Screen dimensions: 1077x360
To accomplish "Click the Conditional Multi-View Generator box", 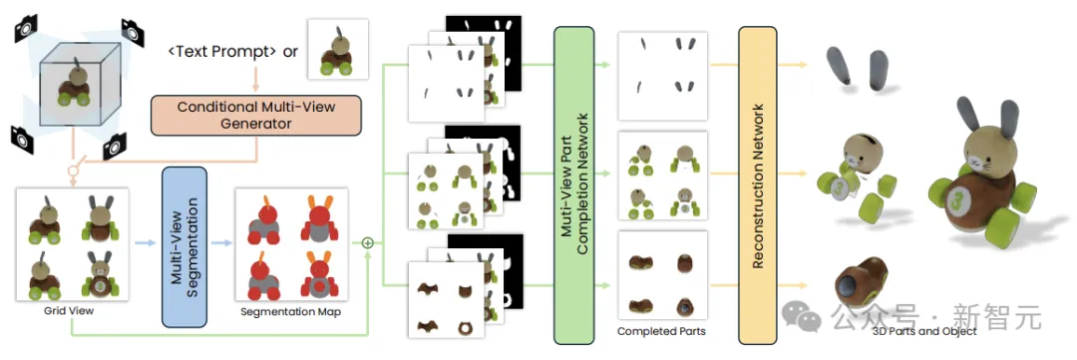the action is [x=255, y=115].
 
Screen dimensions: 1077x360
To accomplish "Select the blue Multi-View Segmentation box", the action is [x=183, y=246].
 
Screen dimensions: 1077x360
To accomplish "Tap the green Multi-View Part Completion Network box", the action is [x=573, y=184].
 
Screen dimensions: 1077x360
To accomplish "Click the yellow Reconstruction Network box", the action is [x=758, y=184].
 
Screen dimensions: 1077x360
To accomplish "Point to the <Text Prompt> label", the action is [x=222, y=52].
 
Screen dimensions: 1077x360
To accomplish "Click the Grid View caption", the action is [x=72, y=311].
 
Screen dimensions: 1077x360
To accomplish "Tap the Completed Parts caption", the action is [x=661, y=331].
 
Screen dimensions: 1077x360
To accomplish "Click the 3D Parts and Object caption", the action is [x=923, y=331].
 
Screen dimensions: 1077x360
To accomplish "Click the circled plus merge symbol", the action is [x=367, y=242].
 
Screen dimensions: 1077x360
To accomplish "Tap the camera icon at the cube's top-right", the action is [x=133, y=31].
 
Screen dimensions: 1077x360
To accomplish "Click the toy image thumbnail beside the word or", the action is [x=337, y=49].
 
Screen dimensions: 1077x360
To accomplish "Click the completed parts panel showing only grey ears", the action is [x=662, y=76].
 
